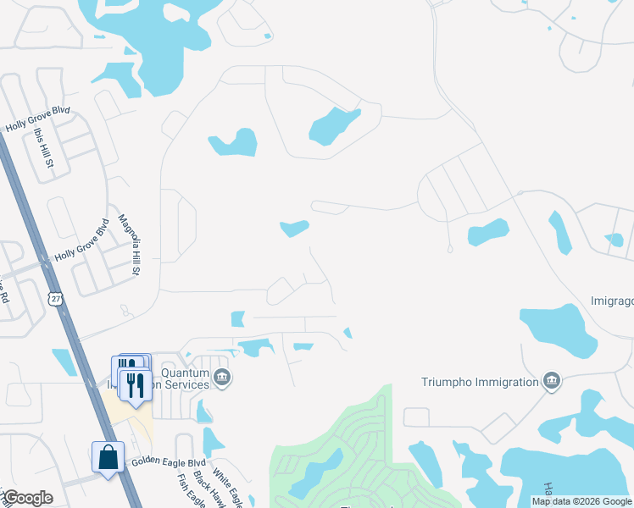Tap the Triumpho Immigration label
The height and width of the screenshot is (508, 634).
pyautogui.click(x=481, y=382)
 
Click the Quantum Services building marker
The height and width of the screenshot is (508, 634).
pyautogui.click(x=222, y=378)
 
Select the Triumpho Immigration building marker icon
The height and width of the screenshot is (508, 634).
pyautogui.click(x=553, y=380)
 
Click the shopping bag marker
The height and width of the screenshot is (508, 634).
pyautogui.click(x=108, y=457)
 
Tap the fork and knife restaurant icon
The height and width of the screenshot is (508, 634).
pyautogui.click(x=135, y=385)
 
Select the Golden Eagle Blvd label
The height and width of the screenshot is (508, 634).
pyautogui.click(x=170, y=463)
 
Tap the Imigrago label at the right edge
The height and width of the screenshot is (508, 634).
pyautogui.click(x=611, y=301)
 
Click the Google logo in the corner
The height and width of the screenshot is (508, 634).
pyautogui.click(x=27, y=498)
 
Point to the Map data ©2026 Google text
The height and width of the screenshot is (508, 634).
pyautogui.click(x=581, y=501)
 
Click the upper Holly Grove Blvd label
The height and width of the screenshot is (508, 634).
pyautogui.click(x=37, y=119)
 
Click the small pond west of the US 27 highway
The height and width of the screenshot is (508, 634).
pyautogui.click(x=64, y=362)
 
